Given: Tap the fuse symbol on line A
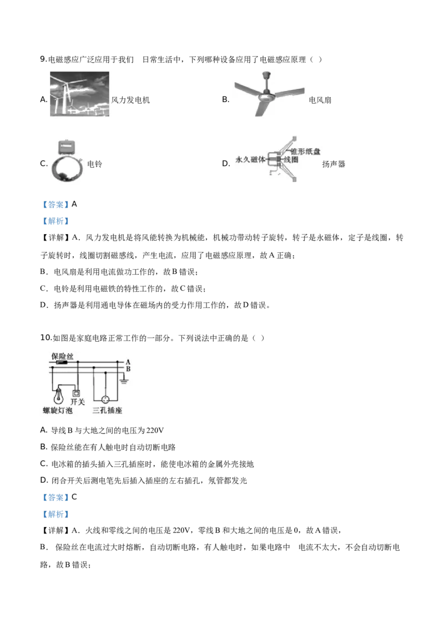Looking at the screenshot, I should coord(60,362).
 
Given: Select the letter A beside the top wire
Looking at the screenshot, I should coord(128,362).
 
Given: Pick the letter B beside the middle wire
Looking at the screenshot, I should coord(128,368).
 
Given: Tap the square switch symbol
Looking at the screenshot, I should coord(77,393).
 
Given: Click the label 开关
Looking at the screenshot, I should coord(78,402).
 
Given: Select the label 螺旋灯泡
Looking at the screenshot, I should coord(58,411).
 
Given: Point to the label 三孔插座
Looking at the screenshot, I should coord(108,411).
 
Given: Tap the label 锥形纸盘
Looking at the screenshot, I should coord(305,151).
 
